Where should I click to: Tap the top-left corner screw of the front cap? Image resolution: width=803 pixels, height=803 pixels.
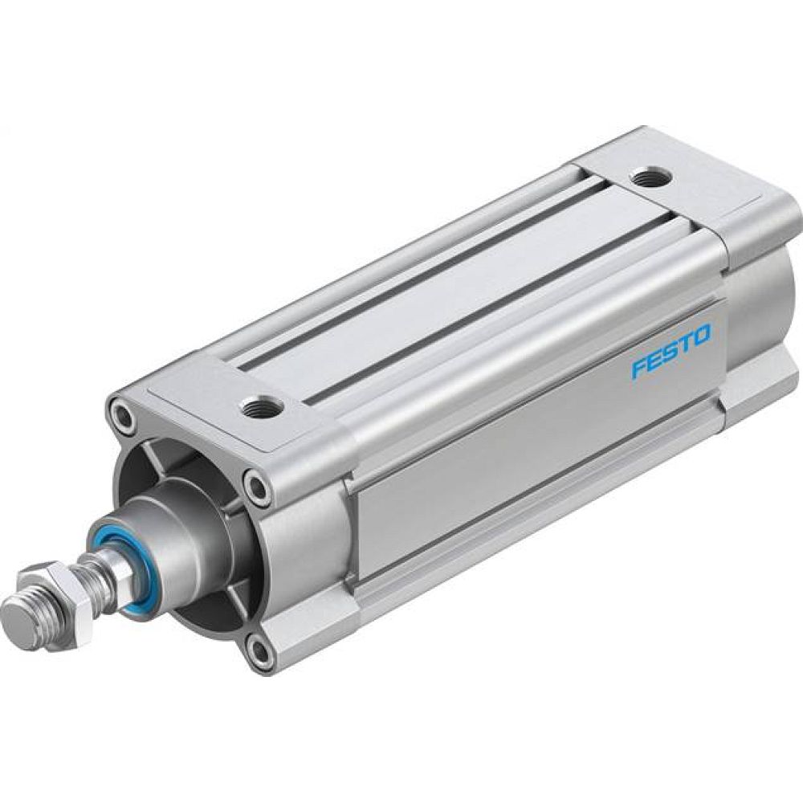tap(123, 417)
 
